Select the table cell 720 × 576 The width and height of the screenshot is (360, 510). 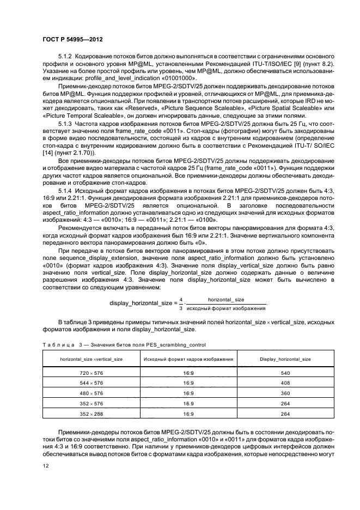click(x=91, y=373)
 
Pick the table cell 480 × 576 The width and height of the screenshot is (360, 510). click(x=91, y=393)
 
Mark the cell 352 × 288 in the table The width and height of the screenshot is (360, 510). click(x=91, y=414)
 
